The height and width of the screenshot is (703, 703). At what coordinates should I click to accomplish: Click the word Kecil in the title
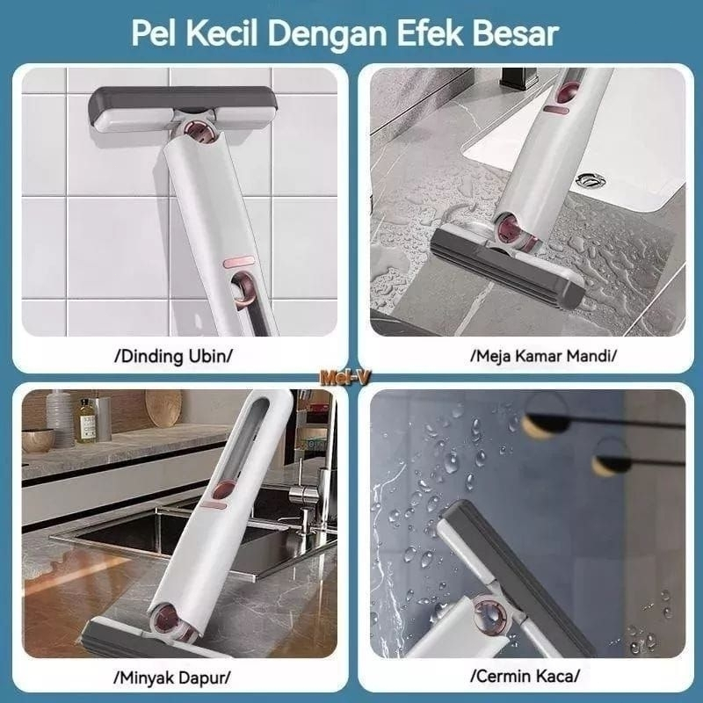[x=222, y=33]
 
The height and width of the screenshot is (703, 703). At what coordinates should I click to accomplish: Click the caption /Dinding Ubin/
[x=173, y=357]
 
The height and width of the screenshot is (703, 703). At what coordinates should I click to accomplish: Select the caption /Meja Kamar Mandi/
[x=543, y=356]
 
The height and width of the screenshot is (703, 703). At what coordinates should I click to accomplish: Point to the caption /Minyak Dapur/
[x=172, y=678]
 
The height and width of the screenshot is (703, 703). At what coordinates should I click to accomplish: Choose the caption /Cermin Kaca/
[x=525, y=676]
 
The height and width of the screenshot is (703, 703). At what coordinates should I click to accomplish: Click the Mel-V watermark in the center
[x=344, y=379]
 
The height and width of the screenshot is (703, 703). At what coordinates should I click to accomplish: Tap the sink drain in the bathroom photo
[x=591, y=180]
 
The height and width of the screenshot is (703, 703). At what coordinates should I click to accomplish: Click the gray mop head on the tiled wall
[x=182, y=108]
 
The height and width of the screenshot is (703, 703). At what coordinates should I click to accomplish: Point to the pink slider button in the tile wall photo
[x=237, y=262]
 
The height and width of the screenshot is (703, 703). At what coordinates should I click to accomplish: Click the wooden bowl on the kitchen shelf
[x=38, y=440]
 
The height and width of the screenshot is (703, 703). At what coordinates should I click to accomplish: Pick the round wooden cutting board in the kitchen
[x=163, y=407]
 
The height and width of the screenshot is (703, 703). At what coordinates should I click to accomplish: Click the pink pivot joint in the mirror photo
[x=489, y=612]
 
